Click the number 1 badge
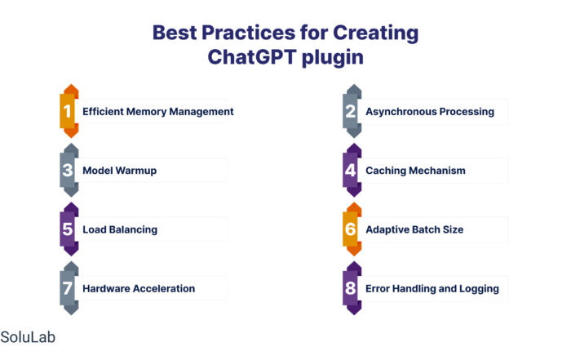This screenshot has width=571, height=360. click(x=69, y=111)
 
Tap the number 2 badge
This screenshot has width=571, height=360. click(x=352, y=111)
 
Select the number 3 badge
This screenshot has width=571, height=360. click(x=69, y=170)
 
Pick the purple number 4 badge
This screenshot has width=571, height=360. click(x=352, y=170)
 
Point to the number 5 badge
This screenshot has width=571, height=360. click(x=69, y=229)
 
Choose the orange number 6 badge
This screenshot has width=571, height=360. click(x=352, y=229)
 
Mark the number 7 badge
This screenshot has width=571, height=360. click(x=69, y=288)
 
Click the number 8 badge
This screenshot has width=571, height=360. click(x=352, y=288)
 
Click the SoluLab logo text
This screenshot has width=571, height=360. click(x=28, y=337)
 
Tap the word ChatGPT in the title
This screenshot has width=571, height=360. click(x=252, y=57)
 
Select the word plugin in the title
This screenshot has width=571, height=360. click(x=333, y=58)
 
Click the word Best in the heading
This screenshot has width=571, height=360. click(x=175, y=33)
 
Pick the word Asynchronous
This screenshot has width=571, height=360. click(x=396, y=112)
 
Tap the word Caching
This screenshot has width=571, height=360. click(x=386, y=171)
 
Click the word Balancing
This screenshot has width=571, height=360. click(x=133, y=230)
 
